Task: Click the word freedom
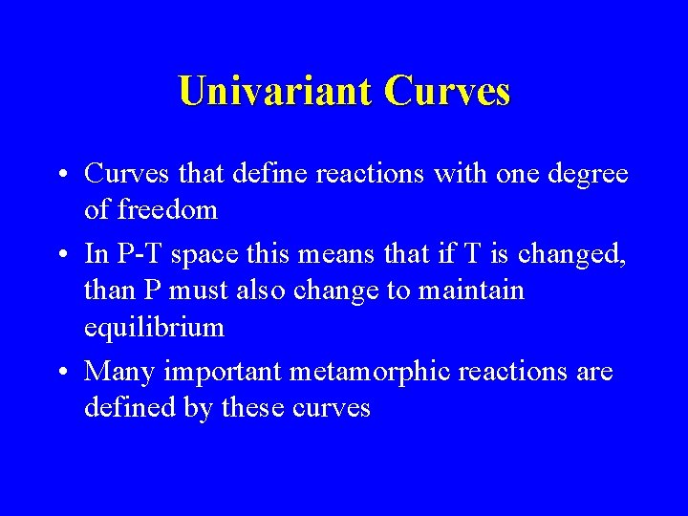164,208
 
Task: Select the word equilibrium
154,328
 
